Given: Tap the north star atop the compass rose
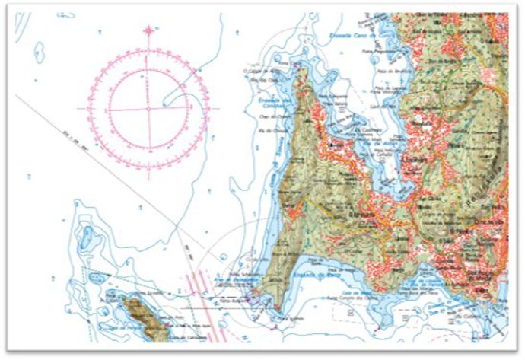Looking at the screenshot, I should [148, 30].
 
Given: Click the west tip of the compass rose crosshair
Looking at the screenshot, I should [86, 109].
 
